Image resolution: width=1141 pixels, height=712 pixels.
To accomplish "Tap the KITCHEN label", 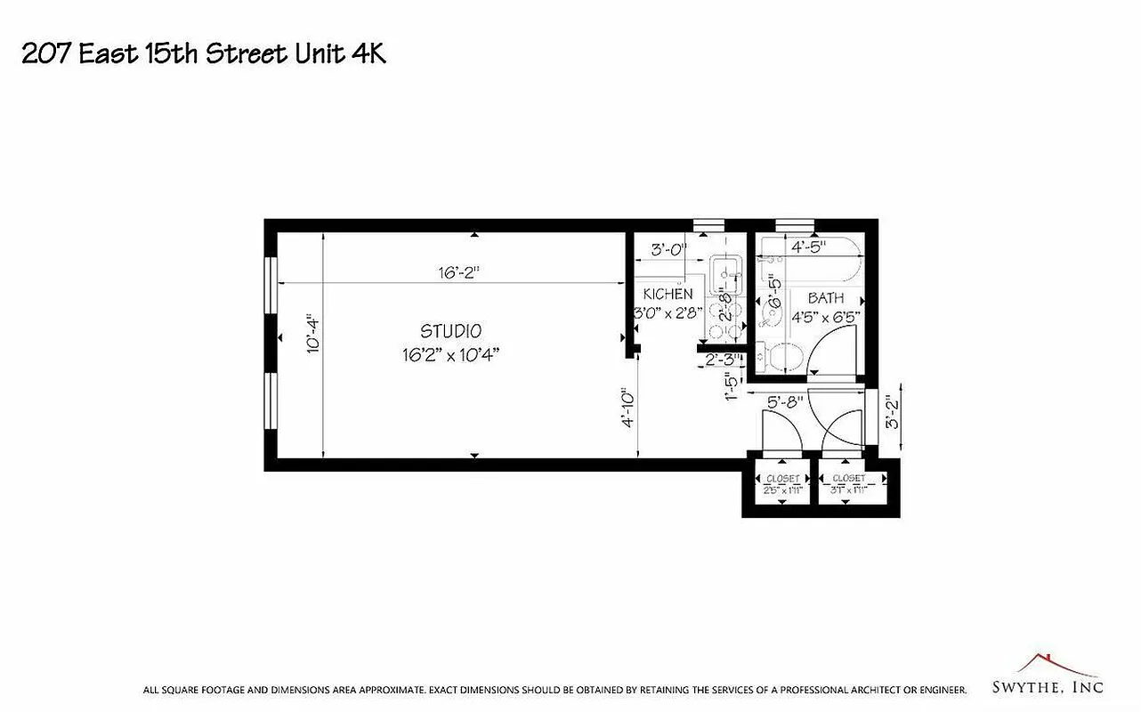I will click(668, 294).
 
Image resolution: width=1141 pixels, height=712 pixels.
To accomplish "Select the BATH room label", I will click(826, 298).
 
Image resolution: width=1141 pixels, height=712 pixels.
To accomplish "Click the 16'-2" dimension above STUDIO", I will click(458, 273).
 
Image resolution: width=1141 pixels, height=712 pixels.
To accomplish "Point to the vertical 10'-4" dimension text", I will click(312, 335).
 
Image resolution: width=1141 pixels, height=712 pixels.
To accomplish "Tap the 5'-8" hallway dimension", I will click(785, 401).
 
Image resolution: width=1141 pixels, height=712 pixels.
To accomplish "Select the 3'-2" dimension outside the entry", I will click(890, 413).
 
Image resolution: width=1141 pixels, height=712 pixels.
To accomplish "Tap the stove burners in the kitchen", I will click(723, 320).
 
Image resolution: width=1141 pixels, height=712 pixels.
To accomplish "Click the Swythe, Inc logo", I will click(1048, 678).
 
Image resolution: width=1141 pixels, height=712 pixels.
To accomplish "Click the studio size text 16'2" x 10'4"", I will click(450, 354).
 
